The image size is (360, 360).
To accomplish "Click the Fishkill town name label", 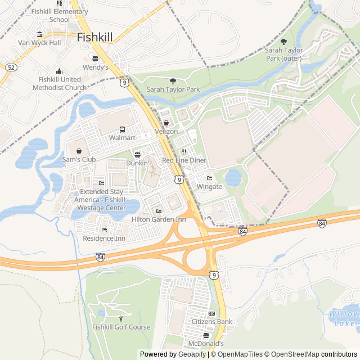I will tap(94, 37).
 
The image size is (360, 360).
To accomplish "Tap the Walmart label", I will tap(122, 137).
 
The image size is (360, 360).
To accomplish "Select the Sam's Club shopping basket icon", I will tap(79, 151).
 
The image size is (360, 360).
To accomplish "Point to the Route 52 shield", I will tap(11, 67).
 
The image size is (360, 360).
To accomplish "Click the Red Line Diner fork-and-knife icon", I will tap(184, 152).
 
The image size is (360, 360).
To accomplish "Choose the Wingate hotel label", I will tap(209, 186).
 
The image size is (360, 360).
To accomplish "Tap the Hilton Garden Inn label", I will tap(159, 219).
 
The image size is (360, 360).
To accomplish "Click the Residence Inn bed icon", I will tap(104, 229).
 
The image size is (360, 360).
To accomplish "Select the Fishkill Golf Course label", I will tap(121, 327).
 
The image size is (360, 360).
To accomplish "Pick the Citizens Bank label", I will tap(212, 322).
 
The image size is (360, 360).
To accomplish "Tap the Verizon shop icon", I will tap(166, 123).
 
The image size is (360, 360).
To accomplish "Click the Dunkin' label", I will tap(137, 163).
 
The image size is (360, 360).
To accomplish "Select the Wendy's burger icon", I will tap(95, 58).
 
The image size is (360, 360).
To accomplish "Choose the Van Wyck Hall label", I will tap(39, 42).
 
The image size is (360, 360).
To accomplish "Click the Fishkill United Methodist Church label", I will tap(60, 83).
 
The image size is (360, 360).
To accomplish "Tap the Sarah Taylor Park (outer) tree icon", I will tap(283, 42).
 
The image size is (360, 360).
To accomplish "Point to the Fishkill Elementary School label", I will tap(60, 15).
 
